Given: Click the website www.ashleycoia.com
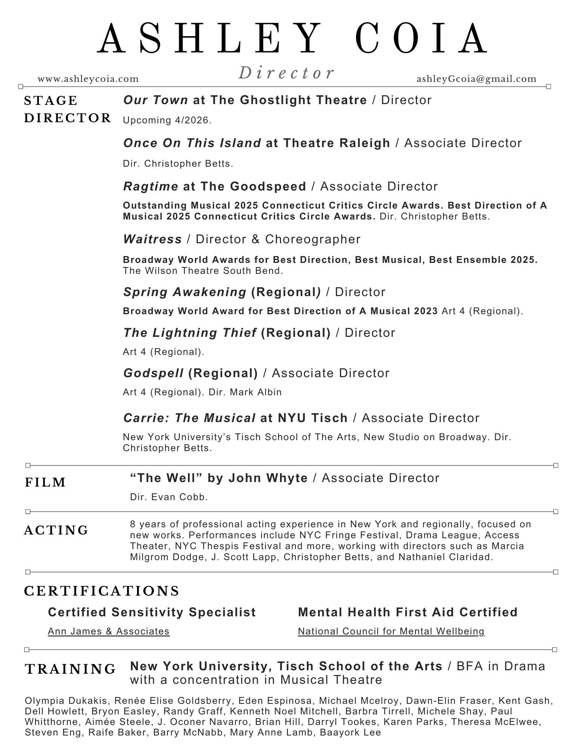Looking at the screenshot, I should (88, 79).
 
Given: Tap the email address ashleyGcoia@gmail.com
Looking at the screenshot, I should (476, 79).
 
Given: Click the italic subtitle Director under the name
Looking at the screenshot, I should (286, 73).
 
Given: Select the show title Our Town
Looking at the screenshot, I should (155, 100).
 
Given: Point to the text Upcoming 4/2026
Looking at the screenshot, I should (167, 120).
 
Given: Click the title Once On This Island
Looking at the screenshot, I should (192, 143).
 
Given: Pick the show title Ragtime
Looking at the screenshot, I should (151, 186).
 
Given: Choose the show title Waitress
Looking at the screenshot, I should (152, 239).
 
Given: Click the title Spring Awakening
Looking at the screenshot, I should (185, 292).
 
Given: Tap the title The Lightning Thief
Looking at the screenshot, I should (190, 333).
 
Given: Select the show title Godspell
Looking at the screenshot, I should (153, 373).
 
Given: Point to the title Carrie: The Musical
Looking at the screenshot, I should (189, 418).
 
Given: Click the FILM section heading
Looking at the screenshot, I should (46, 482).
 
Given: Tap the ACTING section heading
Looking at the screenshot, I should (56, 530).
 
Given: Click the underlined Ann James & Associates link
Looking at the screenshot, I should (109, 631).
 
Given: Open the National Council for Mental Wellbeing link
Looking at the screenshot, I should (391, 631).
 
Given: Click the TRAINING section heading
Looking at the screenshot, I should (70, 669).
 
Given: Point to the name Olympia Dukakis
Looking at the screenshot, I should (66, 701).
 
